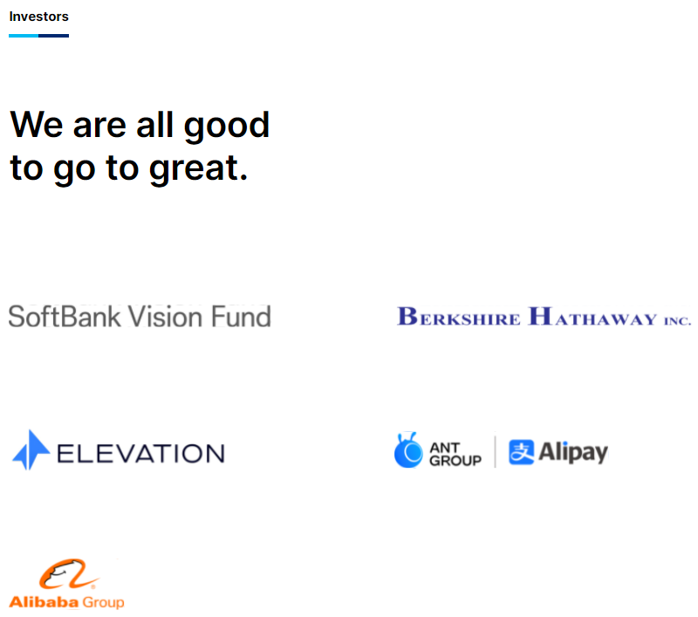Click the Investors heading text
coord(38,17)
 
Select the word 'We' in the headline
coord(37,125)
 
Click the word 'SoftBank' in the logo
coord(65,317)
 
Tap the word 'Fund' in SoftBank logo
coord(241,317)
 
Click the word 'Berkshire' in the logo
coord(459,317)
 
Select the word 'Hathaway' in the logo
coord(592,317)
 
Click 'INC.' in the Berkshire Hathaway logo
coord(678,320)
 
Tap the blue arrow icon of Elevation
coord(31,449)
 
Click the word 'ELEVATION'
coord(140,454)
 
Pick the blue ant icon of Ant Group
coord(408,450)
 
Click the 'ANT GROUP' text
coord(455,454)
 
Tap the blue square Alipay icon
coord(521,452)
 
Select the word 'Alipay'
coord(573,453)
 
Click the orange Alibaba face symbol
coord(69,574)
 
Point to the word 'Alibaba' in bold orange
coord(44,602)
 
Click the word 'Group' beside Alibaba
coord(103,603)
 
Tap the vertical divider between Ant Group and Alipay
coord(495,452)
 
